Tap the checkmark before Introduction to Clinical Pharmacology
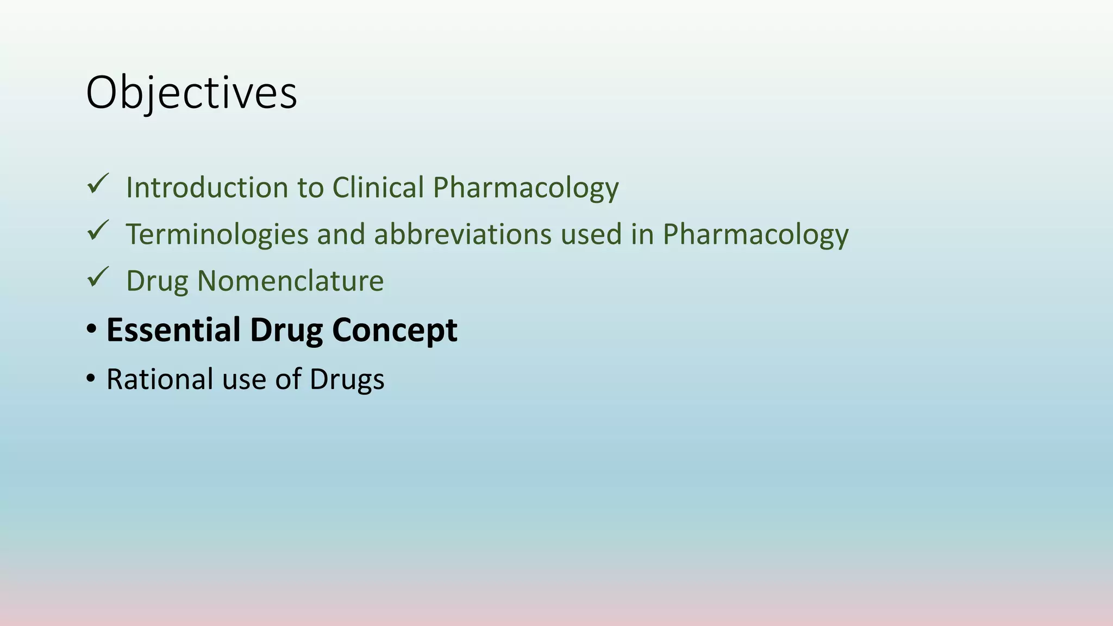point(98,184)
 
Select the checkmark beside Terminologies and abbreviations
point(98,231)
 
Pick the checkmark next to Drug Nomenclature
point(98,278)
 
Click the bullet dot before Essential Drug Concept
point(91,329)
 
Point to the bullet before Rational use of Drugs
point(91,378)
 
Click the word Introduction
point(207,187)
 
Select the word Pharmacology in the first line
point(526,189)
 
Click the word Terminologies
point(217,235)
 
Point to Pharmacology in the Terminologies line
point(755,235)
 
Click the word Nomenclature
point(290,281)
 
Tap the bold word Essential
point(173,330)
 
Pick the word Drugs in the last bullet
point(347,380)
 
